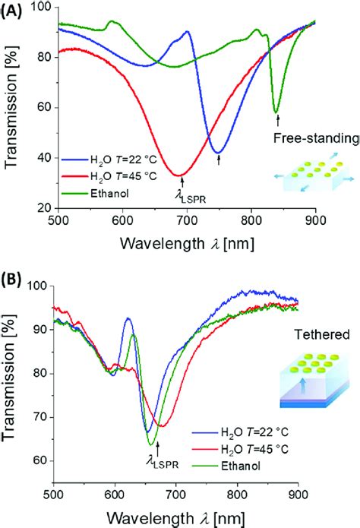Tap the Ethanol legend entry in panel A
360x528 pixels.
[99, 193]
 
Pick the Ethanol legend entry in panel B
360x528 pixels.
[238, 457]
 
